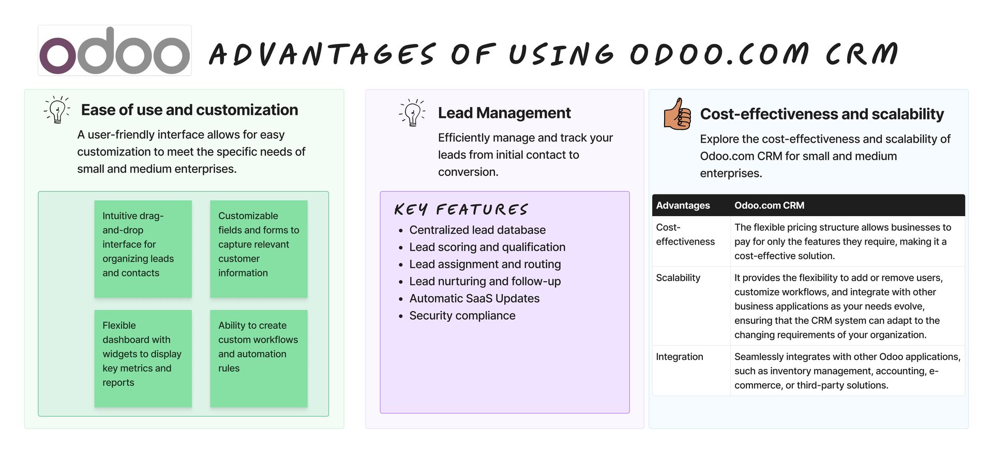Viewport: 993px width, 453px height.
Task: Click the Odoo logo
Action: click(x=115, y=51)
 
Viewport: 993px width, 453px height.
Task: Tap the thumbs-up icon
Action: click(x=678, y=114)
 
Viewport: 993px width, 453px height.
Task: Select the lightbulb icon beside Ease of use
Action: click(x=57, y=109)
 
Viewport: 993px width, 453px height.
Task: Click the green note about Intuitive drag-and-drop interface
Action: click(x=143, y=249)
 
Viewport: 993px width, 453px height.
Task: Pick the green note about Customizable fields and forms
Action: click(x=259, y=249)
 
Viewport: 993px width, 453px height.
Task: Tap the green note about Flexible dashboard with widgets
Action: click(x=143, y=358)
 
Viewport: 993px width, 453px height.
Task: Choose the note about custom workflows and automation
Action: click(x=259, y=358)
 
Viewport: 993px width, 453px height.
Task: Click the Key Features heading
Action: click(x=461, y=209)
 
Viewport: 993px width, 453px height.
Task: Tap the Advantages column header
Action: click(x=683, y=205)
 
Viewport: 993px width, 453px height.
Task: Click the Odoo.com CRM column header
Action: click(x=769, y=205)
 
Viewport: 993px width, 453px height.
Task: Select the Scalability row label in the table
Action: click(x=678, y=278)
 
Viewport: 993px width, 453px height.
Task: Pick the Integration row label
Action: click(x=680, y=357)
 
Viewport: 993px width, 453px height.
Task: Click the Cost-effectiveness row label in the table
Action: click(x=685, y=234)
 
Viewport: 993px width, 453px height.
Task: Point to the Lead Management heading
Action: click(x=504, y=113)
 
